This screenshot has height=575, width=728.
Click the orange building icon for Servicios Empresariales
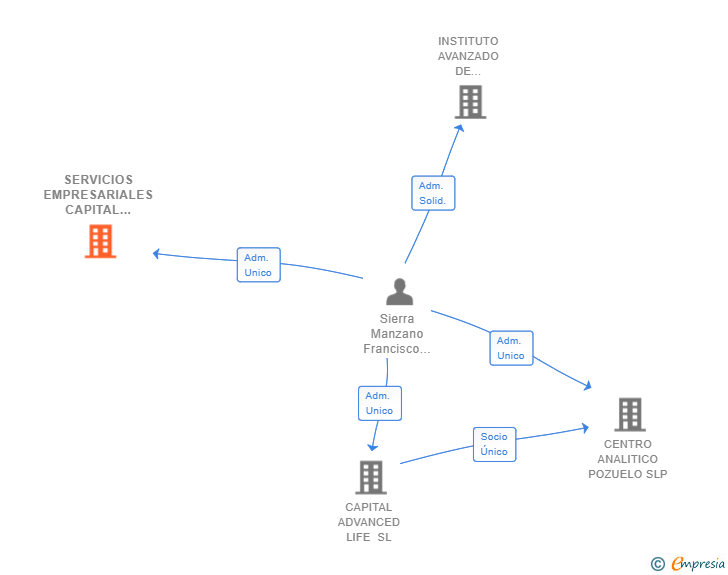point(100,241)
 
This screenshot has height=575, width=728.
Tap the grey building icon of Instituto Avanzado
point(470,102)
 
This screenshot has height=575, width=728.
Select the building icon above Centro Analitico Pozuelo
point(629,414)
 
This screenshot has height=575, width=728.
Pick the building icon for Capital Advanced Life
point(370,477)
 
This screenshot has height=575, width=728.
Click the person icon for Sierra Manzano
point(399,292)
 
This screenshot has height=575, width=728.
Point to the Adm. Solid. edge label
point(433,193)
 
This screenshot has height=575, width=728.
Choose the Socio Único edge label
point(494,444)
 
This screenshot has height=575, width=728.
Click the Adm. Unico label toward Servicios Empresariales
point(258,265)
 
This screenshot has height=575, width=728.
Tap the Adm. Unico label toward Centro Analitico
point(511,348)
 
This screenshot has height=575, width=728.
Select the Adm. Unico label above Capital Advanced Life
point(380,403)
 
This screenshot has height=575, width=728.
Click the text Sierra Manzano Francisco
point(397,334)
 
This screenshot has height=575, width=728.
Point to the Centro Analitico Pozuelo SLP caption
point(628,459)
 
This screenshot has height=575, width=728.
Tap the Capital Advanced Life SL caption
point(369,522)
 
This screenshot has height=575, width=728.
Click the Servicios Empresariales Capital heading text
point(98,195)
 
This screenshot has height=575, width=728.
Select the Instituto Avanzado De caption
point(468,56)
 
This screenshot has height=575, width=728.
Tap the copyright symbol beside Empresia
point(658,564)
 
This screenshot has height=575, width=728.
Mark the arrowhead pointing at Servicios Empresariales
point(157,253)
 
